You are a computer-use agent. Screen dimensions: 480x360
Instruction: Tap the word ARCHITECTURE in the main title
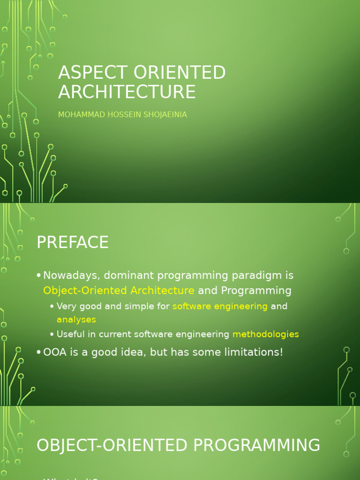(127, 92)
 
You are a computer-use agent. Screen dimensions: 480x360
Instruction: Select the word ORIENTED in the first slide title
(180, 73)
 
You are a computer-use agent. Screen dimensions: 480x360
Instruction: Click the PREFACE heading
(73, 242)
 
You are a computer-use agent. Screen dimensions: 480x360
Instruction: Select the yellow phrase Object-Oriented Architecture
(119, 291)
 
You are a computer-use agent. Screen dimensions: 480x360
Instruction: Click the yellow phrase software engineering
(220, 307)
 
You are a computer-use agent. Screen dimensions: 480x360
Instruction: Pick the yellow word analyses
(76, 320)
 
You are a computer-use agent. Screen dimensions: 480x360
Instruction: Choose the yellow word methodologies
(265, 334)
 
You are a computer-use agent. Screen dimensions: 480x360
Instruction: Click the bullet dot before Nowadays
(39, 276)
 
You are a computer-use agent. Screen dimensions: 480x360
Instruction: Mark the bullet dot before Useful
(52, 335)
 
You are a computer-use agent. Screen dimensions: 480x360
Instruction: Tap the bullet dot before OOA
(39, 352)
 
